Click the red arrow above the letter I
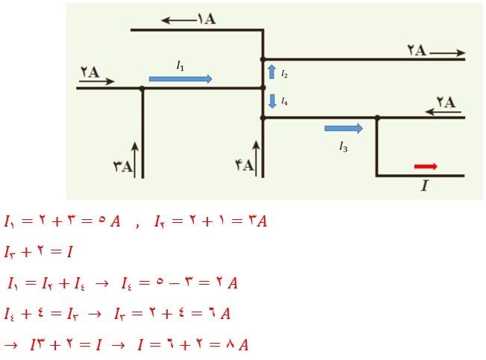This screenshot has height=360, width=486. [x=426, y=166]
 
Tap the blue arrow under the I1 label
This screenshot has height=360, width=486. [x=180, y=78]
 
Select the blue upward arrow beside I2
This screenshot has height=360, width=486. [x=272, y=72]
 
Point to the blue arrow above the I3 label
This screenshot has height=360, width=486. [x=344, y=129]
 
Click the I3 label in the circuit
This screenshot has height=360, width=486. [x=343, y=147]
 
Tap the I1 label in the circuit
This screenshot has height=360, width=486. [x=180, y=66]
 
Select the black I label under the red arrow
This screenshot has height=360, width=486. [x=425, y=186]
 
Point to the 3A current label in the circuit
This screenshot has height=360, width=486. [x=123, y=167]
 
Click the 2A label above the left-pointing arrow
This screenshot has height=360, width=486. [x=445, y=102]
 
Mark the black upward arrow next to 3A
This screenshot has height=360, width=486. [x=135, y=158]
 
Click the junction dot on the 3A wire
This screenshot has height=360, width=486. [x=142, y=88]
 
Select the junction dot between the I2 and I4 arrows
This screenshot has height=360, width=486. [x=262, y=88]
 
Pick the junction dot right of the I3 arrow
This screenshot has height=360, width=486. [x=377, y=117]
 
